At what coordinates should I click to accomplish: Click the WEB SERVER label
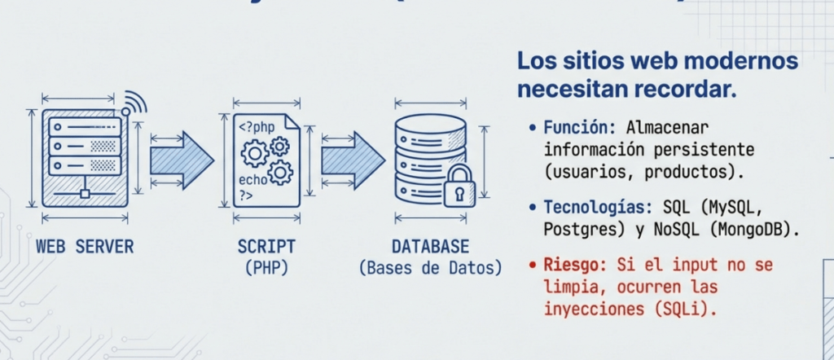[85, 246]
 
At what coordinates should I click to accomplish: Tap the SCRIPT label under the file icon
[266, 246]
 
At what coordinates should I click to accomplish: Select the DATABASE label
[430, 246]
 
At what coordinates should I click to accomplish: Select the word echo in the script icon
[252, 179]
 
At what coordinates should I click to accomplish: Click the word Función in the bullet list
[574, 128]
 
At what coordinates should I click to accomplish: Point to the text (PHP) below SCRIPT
[266, 267]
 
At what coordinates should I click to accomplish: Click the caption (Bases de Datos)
[430, 267]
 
